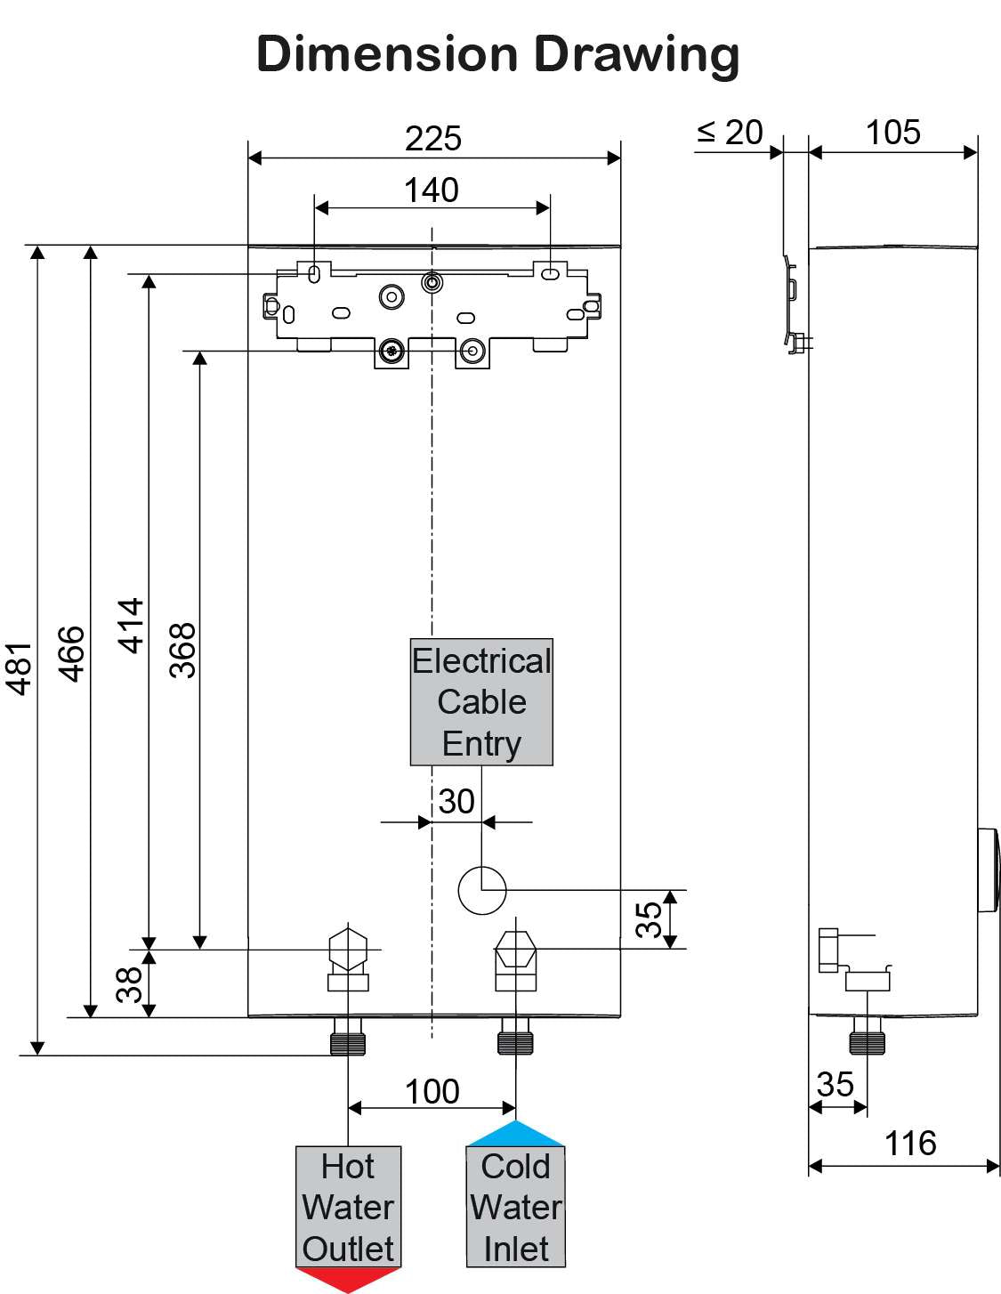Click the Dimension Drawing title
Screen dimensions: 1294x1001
[x=497, y=54]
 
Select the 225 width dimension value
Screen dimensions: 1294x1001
[x=433, y=139]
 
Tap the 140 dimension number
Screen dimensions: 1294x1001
[x=432, y=190]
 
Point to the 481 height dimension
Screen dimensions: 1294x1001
[x=20, y=667]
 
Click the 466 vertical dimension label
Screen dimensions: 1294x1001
[x=72, y=654]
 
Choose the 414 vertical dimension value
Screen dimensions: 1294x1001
[x=132, y=626]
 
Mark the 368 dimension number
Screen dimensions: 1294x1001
[x=182, y=651]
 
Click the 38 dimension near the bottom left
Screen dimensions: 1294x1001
[x=130, y=984]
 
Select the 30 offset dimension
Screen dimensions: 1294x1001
[x=456, y=801]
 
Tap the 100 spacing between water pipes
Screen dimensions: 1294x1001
[x=432, y=1091]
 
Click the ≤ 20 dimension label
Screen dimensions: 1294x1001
[x=730, y=133]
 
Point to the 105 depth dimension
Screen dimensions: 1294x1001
[x=893, y=133]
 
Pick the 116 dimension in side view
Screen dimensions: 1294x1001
[x=910, y=1144]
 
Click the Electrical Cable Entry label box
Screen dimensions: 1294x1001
[x=481, y=702]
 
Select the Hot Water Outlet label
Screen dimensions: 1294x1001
[x=348, y=1207]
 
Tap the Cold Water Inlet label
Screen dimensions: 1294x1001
[x=516, y=1207]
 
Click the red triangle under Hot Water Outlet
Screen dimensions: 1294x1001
[x=348, y=1279]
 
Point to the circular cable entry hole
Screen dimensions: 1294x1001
[x=482, y=889]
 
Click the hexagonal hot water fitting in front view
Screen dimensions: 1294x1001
[x=348, y=949]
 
